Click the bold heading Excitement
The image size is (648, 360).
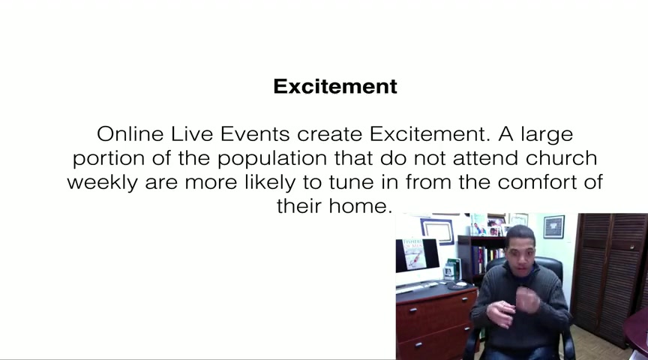(x=335, y=86)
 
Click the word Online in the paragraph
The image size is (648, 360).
(x=130, y=134)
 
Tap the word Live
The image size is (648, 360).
(x=192, y=134)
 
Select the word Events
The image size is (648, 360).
(x=254, y=134)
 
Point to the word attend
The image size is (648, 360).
(x=485, y=158)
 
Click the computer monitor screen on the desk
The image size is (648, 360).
(x=417, y=254)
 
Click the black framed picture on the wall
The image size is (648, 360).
(x=553, y=227)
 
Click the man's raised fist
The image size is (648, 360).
(x=527, y=300)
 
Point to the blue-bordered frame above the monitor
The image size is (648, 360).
(x=436, y=230)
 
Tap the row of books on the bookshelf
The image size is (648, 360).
(x=487, y=259)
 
